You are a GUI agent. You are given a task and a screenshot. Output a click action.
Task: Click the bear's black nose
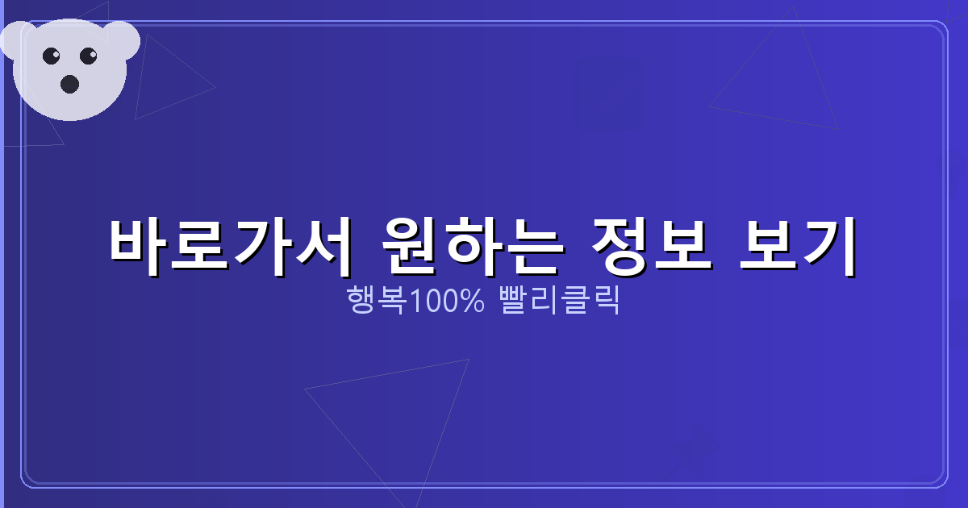(x=69, y=83)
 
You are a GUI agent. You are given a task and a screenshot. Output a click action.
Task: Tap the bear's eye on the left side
(x=51, y=56)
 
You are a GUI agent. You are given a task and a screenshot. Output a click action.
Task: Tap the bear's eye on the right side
(x=88, y=56)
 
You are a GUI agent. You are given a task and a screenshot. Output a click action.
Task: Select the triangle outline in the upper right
(x=782, y=89)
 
